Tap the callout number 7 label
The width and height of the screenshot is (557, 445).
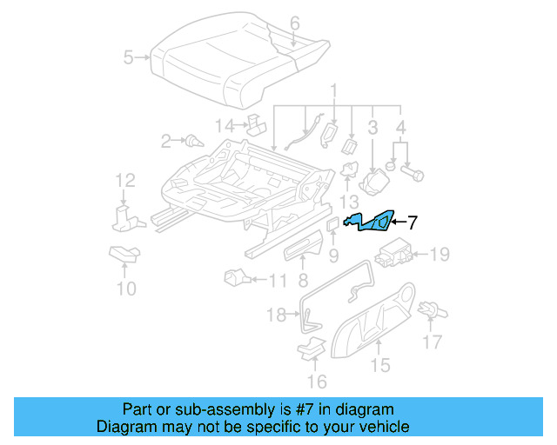pyautogui.click(x=413, y=222)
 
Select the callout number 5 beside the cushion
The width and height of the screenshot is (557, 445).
pyautogui.click(x=128, y=58)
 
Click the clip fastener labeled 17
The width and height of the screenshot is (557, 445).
pyautogui.click(x=428, y=309)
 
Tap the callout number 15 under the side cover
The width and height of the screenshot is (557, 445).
pyautogui.click(x=380, y=365)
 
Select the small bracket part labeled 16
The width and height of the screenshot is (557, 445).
pyautogui.click(x=309, y=349)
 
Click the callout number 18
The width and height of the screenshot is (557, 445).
pyautogui.click(x=276, y=315)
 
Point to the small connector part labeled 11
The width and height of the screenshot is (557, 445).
pyautogui.click(x=235, y=279)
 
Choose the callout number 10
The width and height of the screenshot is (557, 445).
pyautogui.click(x=126, y=288)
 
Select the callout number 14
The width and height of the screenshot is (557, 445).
pyautogui.click(x=225, y=126)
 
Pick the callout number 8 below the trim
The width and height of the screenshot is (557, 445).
pyautogui.click(x=302, y=280)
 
